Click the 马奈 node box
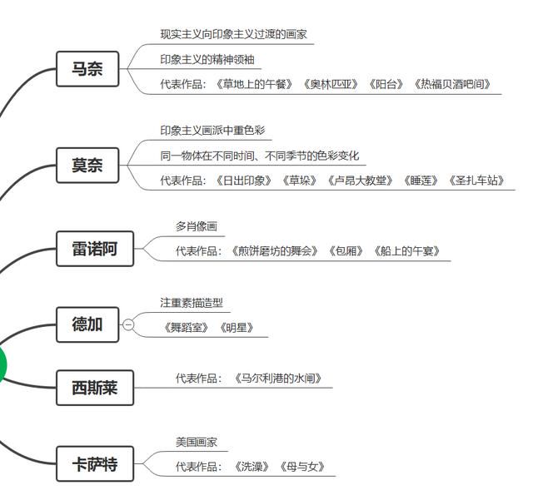click(87, 69)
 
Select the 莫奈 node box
click(87, 166)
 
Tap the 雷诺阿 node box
click(95, 249)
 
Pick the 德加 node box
click(87, 324)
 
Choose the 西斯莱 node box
click(95, 388)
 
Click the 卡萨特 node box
click(95, 463)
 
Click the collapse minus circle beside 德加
click(128, 325)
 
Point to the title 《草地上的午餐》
click(254, 84)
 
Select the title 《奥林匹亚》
click(331, 84)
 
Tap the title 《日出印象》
click(244, 181)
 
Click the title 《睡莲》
click(421, 181)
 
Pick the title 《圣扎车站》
click(476, 181)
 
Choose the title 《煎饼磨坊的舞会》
click(274, 251)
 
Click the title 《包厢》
click(346, 251)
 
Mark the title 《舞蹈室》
click(186, 328)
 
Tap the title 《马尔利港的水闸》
click(278, 379)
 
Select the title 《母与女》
click(301, 467)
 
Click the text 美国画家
click(197, 442)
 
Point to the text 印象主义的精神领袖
click(207, 59)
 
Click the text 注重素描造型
click(192, 303)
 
